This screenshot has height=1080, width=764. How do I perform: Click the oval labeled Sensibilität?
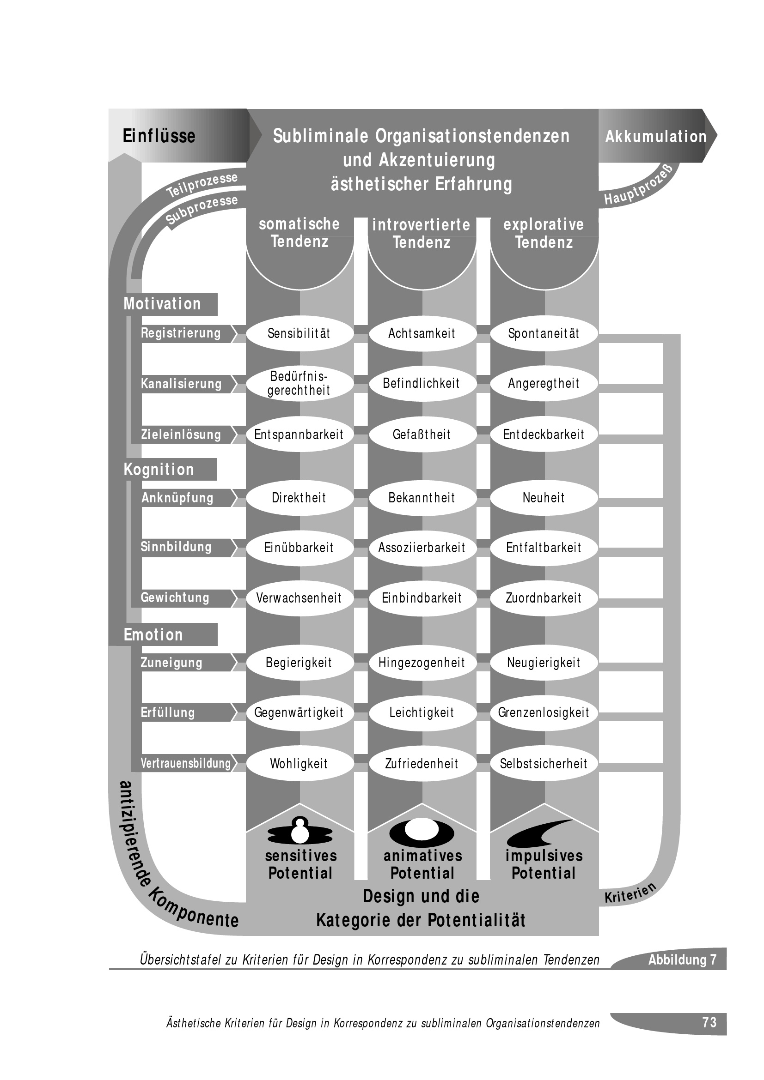pos(299,333)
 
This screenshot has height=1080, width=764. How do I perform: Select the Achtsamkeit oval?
pos(422,333)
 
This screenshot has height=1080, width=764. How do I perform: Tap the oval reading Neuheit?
pos(544,498)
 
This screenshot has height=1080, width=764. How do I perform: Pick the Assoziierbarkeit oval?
pos(422,548)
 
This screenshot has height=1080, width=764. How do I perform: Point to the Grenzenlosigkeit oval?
pos(544,712)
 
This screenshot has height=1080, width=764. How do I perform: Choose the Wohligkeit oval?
pos(299,763)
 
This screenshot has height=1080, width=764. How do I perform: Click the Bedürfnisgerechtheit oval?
pos(299,383)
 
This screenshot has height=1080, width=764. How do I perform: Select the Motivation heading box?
pos(163,304)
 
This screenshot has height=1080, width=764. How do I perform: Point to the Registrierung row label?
pos(182,333)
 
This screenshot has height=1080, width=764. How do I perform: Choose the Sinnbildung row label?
pos(177,547)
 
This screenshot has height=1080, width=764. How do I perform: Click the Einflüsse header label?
pos(159,136)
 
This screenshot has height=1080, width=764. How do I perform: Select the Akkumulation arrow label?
pos(656,136)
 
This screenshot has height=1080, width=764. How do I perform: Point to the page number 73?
pos(709,1022)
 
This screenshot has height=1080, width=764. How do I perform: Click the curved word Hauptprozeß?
pos(640,187)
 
